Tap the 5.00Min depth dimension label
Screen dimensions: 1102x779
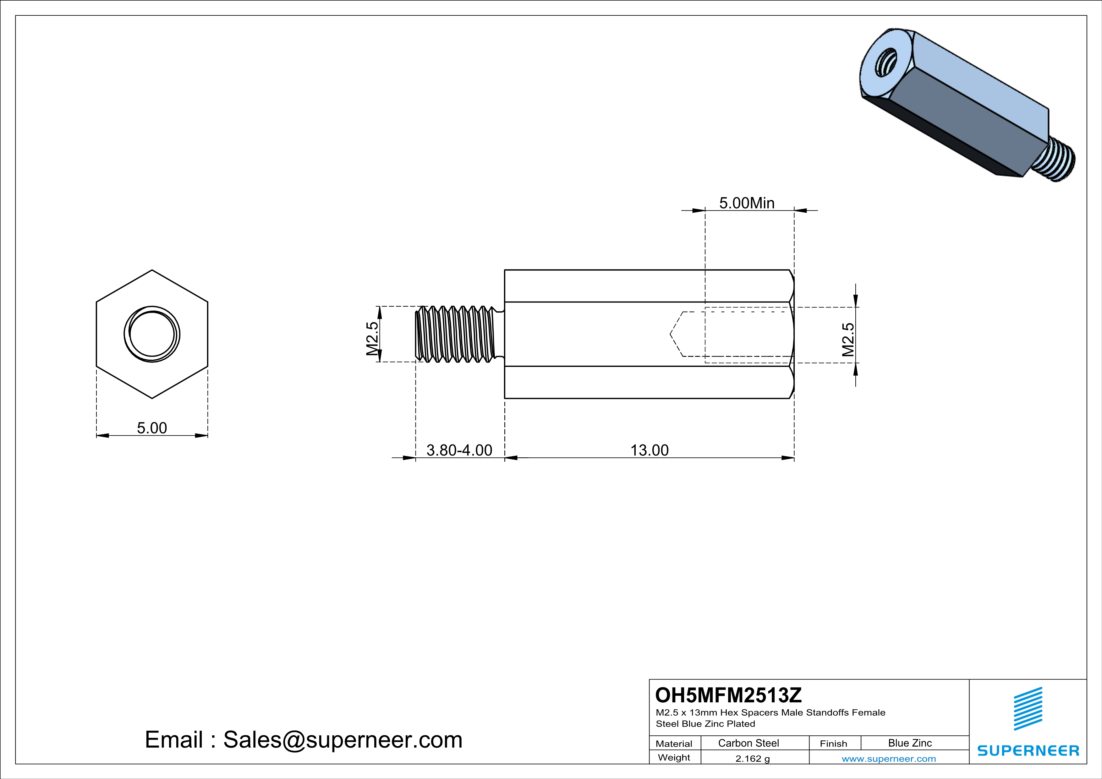coord(747,203)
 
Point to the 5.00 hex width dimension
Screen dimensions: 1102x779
coord(152,428)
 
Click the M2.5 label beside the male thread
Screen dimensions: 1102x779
coord(372,338)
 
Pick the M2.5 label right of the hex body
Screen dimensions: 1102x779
coord(848,340)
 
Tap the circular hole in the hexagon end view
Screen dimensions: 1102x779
coord(152,334)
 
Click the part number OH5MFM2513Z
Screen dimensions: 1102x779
coord(728,695)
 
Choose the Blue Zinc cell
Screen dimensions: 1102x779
coord(910,743)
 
